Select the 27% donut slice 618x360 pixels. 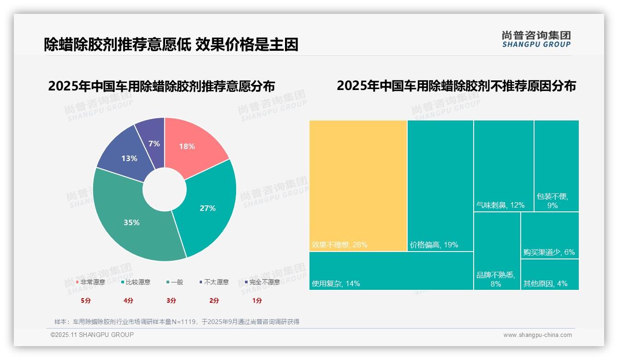click(x=207, y=208)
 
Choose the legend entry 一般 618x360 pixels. click(x=177, y=282)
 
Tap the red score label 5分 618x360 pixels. click(x=86, y=300)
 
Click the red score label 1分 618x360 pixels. click(x=257, y=300)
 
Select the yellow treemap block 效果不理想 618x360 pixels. click(x=358, y=185)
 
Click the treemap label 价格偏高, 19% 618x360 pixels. click(x=434, y=245)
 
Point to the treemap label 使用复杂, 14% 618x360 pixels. click(x=336, y=283)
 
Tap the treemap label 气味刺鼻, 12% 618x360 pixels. click(x=500, y=205)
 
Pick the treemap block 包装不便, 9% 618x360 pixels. click(x=556, y=166)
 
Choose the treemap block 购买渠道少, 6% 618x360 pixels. click(x=549, y=235)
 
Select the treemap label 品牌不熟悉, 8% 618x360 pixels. click(x=496, y=279)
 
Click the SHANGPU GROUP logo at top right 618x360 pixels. click(x=536, y=39)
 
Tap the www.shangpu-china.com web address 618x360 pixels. click(x=537, y=335)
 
